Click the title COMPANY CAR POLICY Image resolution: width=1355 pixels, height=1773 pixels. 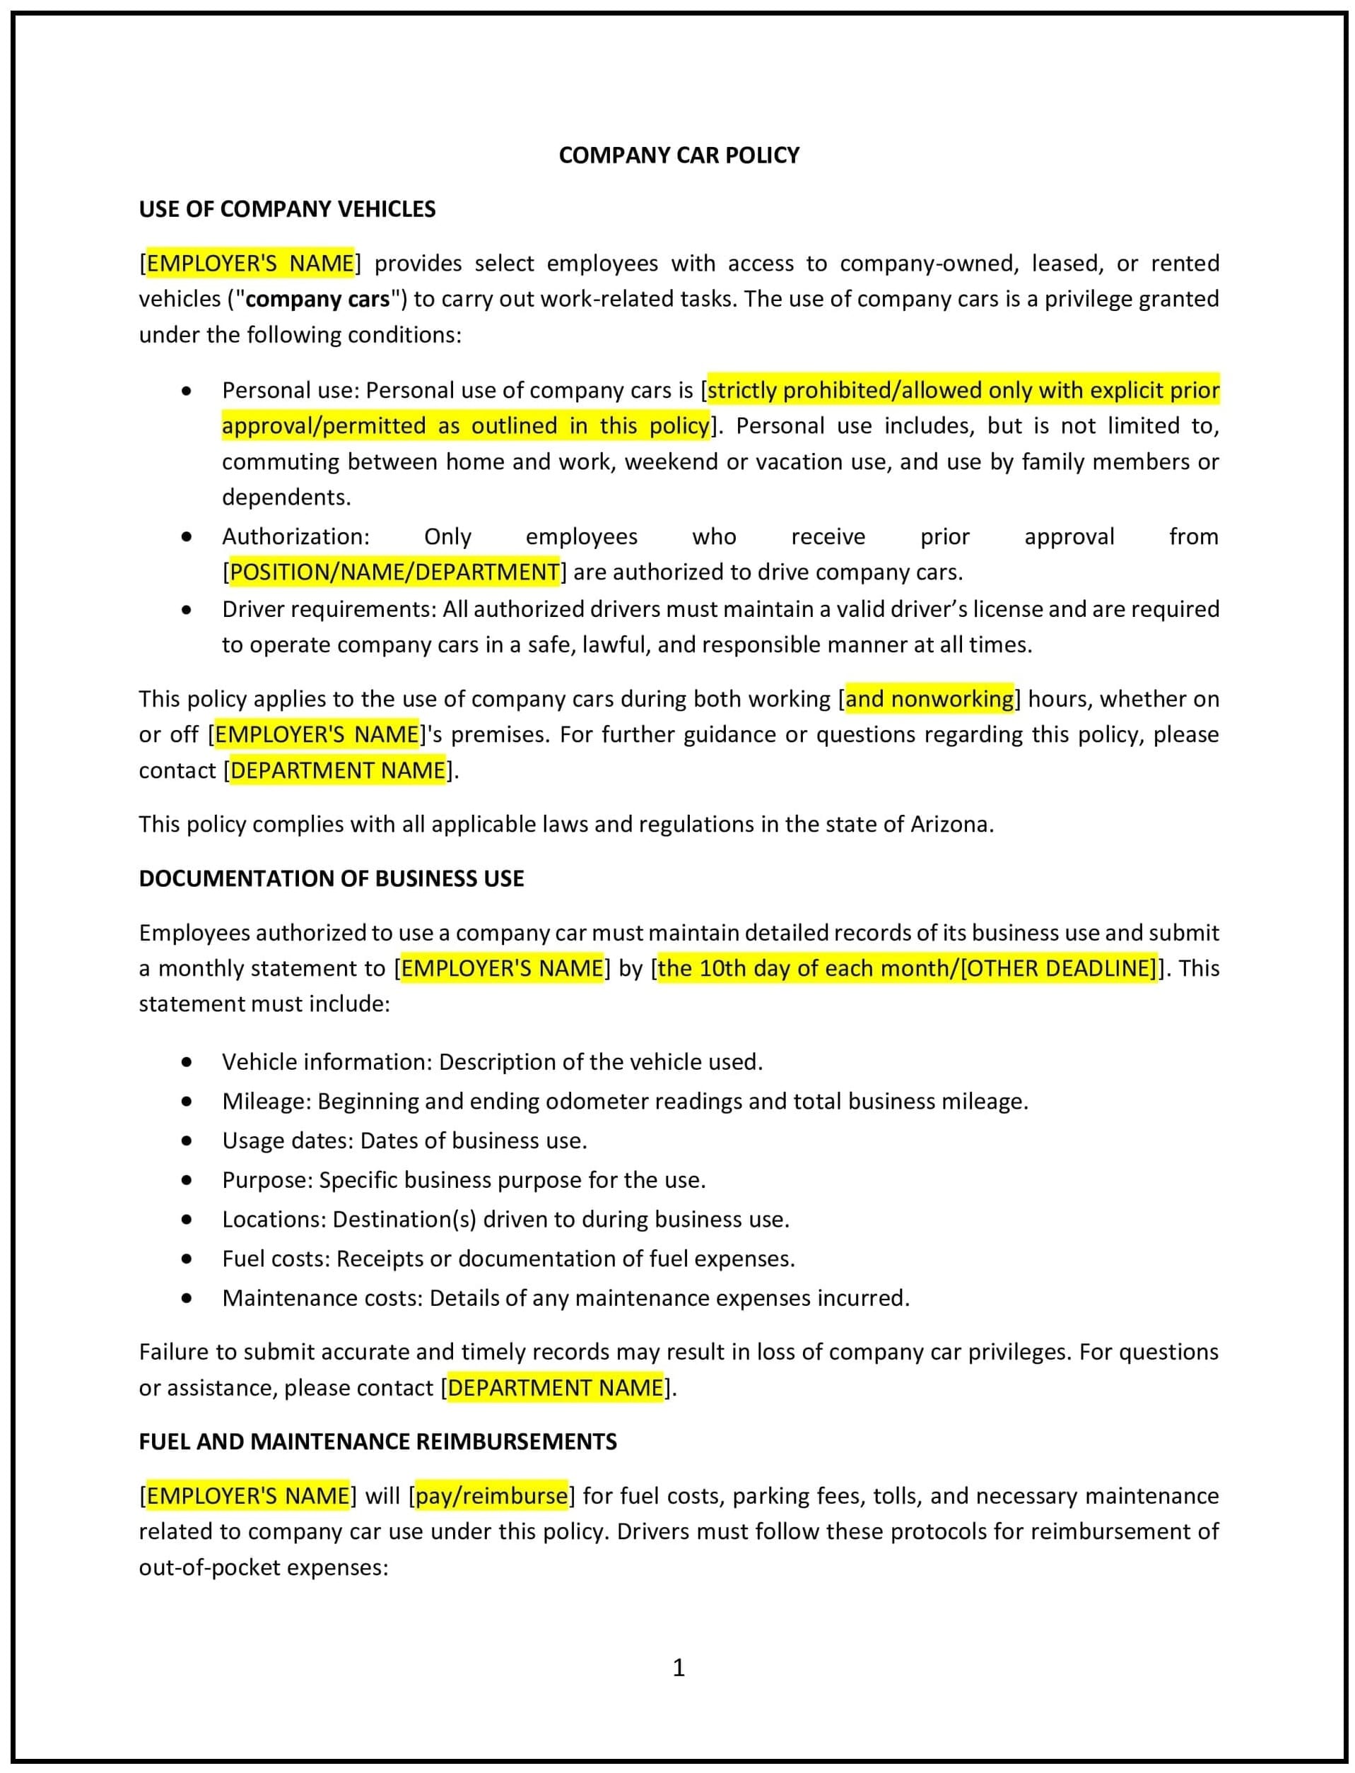click(x=679, y=155)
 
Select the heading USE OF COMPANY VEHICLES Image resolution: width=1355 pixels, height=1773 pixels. click(x=287, y=209)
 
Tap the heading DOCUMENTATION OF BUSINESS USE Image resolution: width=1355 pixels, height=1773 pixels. click(x=331, y=878)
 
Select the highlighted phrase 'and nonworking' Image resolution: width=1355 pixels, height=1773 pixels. click(x=929, y=698)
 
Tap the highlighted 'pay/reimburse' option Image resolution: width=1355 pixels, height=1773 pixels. click(x=492, y=1496)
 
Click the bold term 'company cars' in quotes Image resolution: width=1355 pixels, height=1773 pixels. click(x=317, y=299)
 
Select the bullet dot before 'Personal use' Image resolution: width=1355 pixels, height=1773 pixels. click(x=187, y=391)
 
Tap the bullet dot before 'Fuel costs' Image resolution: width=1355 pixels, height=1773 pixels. click(x=187, y=1259)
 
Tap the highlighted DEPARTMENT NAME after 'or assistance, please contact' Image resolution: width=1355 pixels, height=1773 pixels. click(x=555, y=1388)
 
